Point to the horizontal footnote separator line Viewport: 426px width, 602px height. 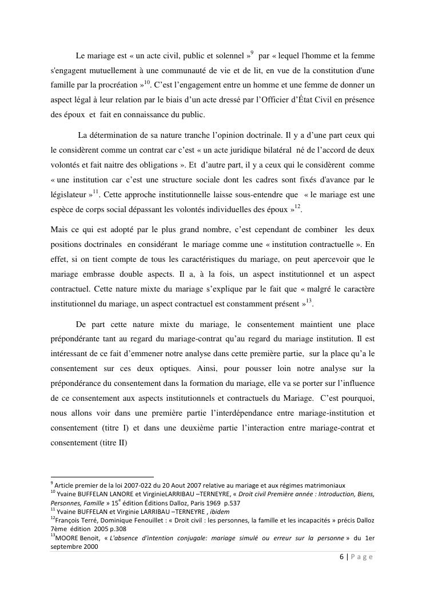[x=102, y=476]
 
